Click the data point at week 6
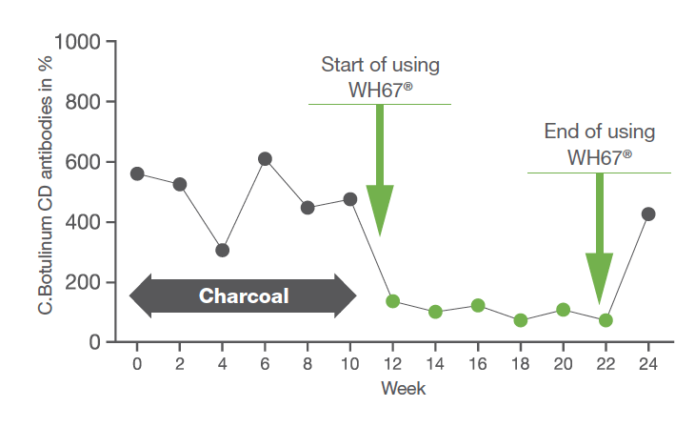click(x=265, y=159)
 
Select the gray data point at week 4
click(x=223, y=251)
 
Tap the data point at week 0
click(x=137, y=173)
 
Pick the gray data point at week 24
click(x=648, y=213)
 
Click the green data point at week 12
click(x=392, y=301)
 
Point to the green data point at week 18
click(x=521, y=320)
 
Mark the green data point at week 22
click(x=606, y=320)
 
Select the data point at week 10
click(x=350, y=199)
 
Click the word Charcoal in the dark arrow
click(x=244, y=296)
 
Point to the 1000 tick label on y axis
click(x=77, y=42)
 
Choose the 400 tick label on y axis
click(x=83, y=222)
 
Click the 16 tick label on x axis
click(x=478, y=364)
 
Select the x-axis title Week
click(x=404, y=388)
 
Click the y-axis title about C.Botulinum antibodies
click(x=45, y=186)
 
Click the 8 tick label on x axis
click(x=308, y=364)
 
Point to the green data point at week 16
click(x=478, y=305)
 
